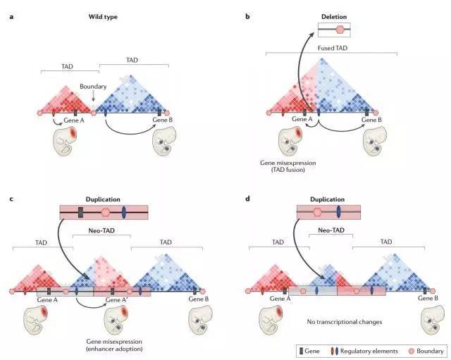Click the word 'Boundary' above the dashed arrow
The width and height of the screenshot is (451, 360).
(x=93, y=87)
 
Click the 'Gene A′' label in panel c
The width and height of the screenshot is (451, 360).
(x=116, y=299)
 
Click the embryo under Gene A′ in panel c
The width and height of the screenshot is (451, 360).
(x=116, y=320)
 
